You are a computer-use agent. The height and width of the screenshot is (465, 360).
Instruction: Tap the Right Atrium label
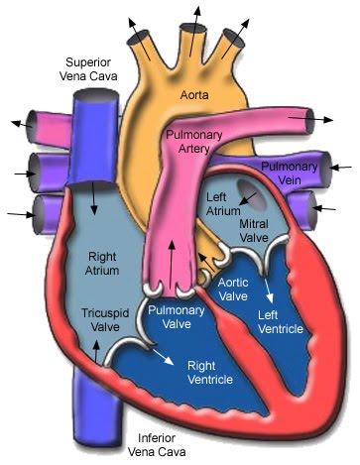(102, 262)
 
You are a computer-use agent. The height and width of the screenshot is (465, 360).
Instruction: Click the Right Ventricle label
(209, 373)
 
